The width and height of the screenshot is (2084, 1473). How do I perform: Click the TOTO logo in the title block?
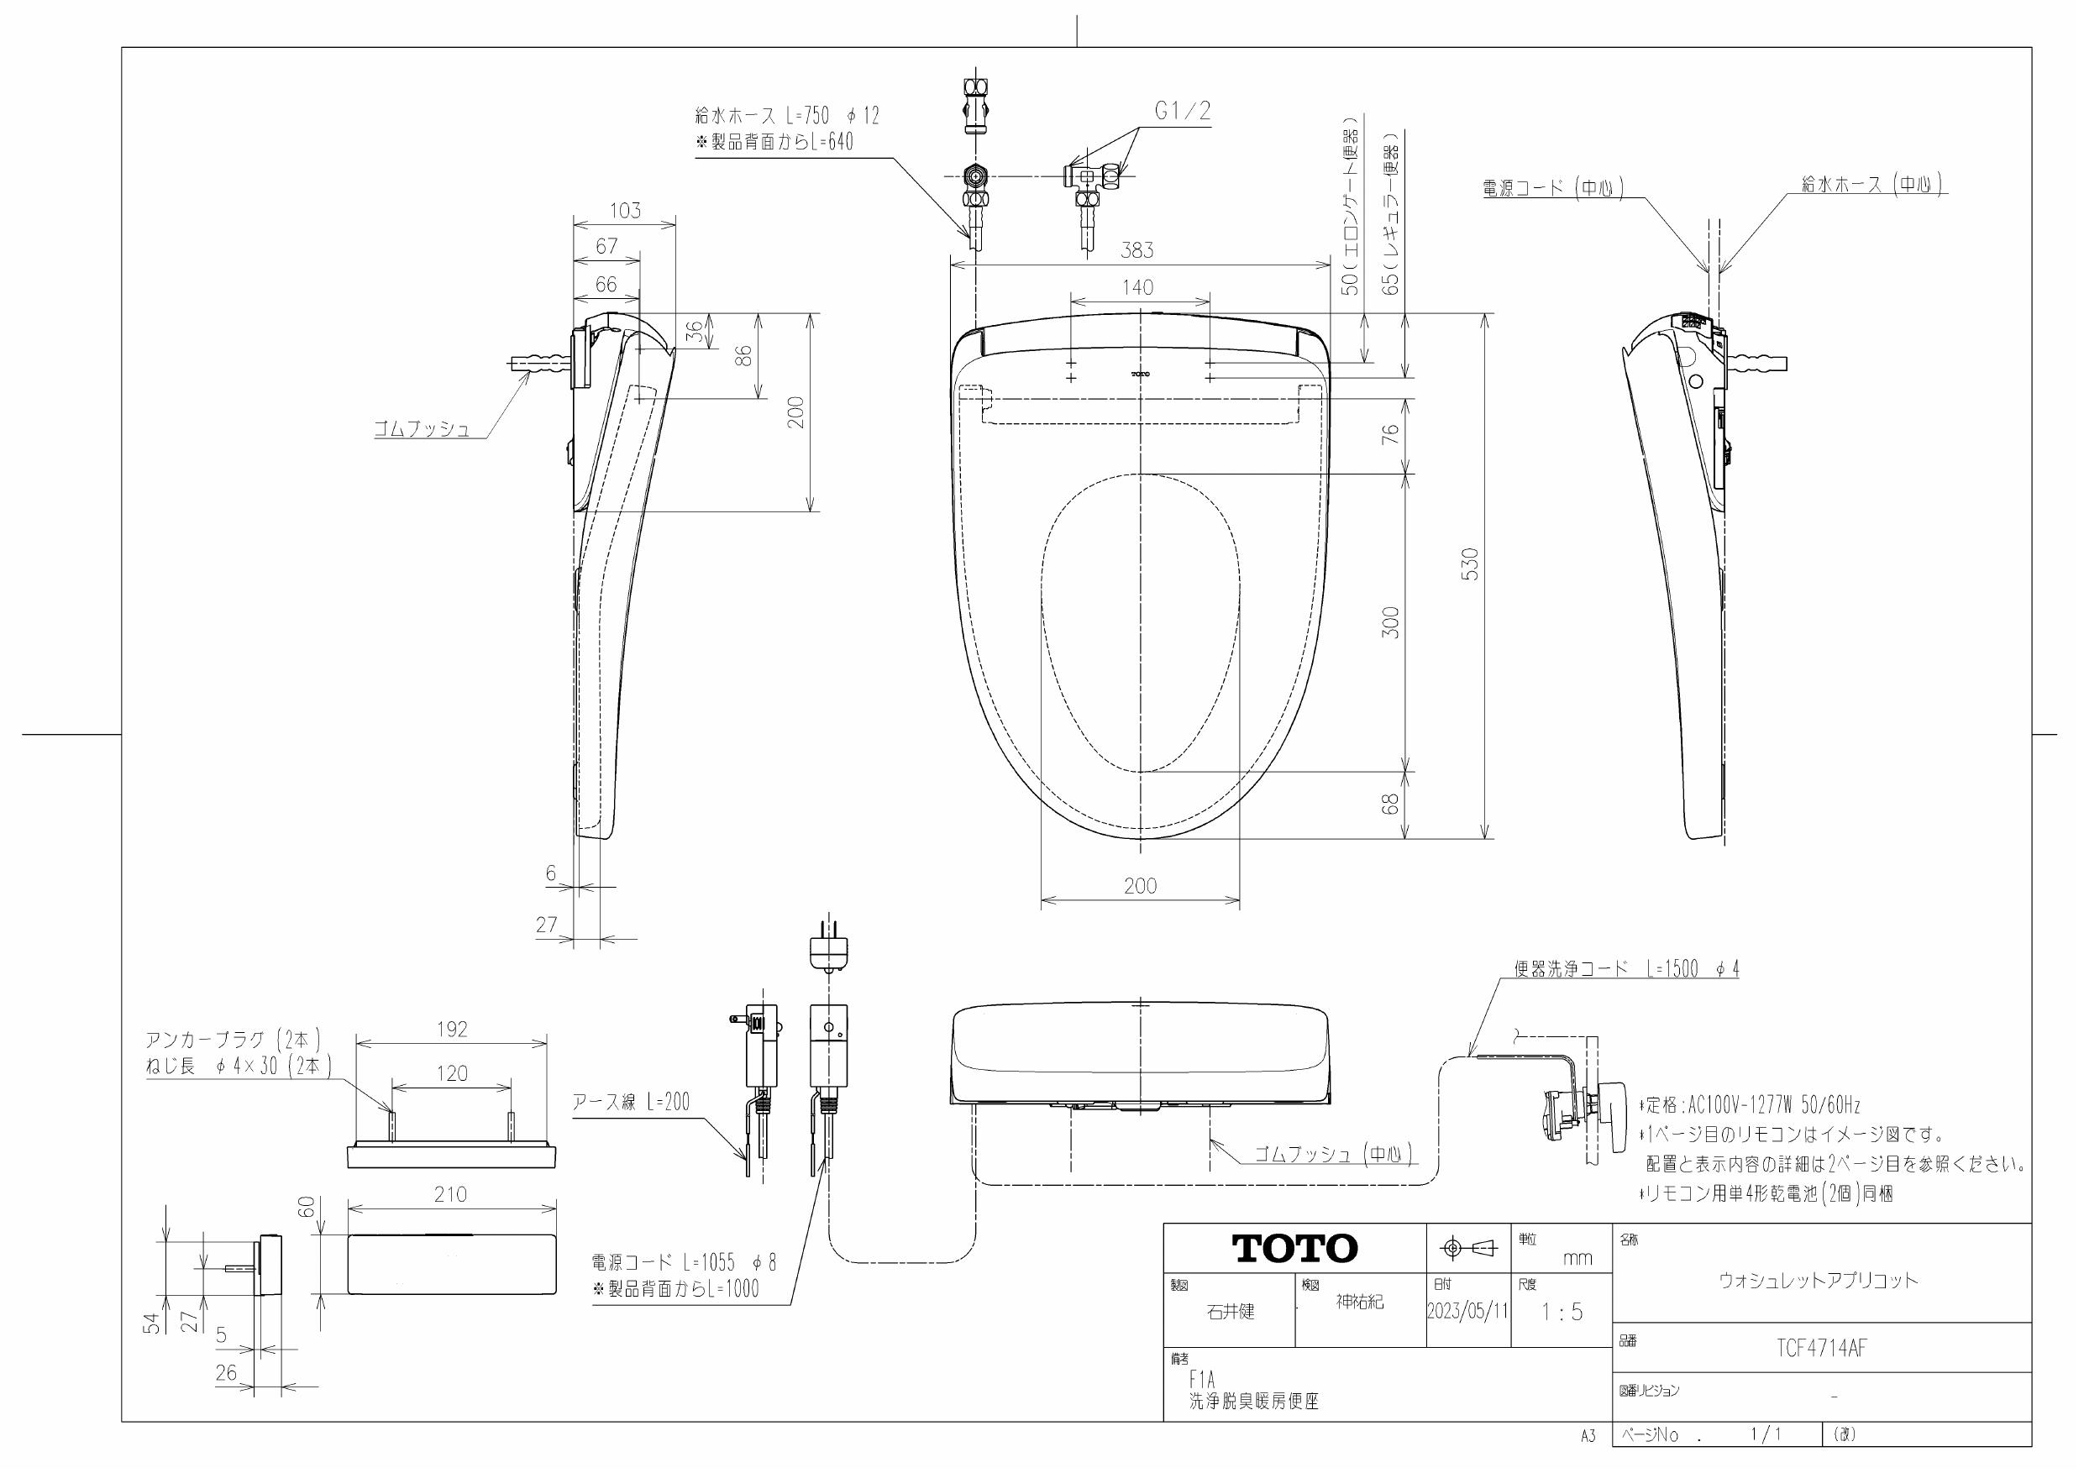coord(1294,1248)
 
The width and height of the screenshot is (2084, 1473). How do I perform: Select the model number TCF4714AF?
coord(1821,1348)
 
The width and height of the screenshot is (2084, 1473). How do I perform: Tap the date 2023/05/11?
coord(1467,1311)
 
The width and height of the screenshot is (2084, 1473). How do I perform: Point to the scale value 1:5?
coord(1562,1312)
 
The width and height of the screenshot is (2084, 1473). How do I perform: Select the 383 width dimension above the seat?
coord(1136,249)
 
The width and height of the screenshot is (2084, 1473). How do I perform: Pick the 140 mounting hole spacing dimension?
coord(1137,288)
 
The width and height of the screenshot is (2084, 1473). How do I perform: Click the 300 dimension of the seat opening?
coord(1390,621)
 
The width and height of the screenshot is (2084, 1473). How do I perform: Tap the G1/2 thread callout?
coord(1182,112)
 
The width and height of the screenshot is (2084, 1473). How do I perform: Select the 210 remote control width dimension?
coord(450,1194)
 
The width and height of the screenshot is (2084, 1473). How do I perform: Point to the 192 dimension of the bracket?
coord(451,1030)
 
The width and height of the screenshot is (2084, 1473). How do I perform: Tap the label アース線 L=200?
coord(631,1102)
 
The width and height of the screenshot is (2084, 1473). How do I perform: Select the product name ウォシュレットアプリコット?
coord(1818,1281)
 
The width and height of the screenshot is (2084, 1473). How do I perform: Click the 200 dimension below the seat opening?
coord(1139,886)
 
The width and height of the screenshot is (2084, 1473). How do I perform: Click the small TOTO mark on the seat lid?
coord(1140,373)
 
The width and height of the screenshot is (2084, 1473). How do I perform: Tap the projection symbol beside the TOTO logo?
coord(1467,1249)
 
